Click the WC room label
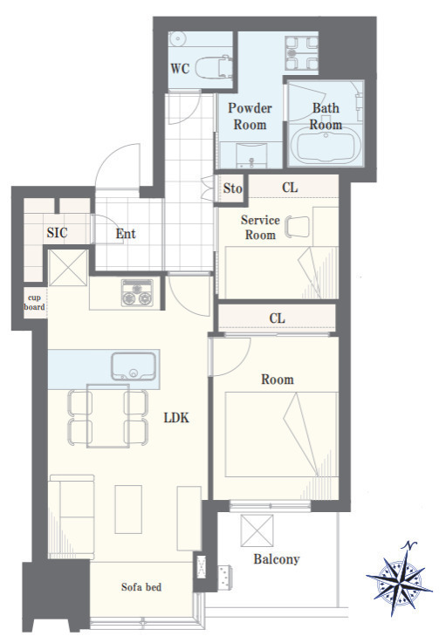[x=180, y=68]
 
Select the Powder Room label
[x=250, y=116]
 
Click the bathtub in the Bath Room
[x=326, y=145]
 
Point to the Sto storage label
[x=232, y=188]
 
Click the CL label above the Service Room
[x=290, y=188]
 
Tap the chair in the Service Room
[x=298, y=226]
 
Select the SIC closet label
[x=57, y=233]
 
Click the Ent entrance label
[x=126, y=234]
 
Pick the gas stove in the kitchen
[x=137, y=293]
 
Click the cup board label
[x=34, y=302]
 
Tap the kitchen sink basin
[x=134, y=366]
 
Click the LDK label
[x=176, y=418]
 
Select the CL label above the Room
[x=277, y=318]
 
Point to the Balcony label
[x=277, y=559]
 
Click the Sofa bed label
[x=141, y=587]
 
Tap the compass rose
[x=399, y=578]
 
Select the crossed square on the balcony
[x=257, y=530]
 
